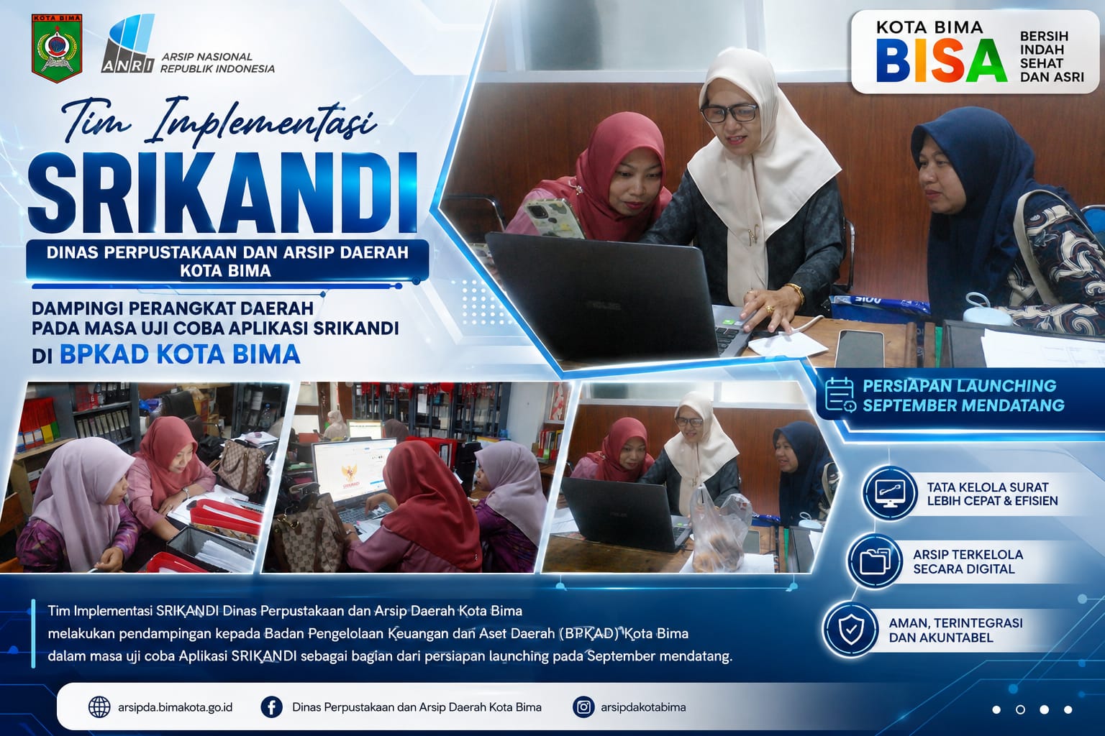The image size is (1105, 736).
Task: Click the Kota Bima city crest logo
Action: [x=57, y=48]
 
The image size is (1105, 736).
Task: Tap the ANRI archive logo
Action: [x=129, y=44]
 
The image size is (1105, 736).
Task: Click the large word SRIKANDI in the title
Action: [x=223, y=193]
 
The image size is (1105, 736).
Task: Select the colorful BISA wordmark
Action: [x=942, y=60]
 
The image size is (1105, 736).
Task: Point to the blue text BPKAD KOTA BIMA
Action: [x=180, y=354]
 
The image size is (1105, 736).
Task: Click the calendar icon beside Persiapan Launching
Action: [x=840, y=395]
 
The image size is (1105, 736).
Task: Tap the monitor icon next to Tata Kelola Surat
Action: [x=890, y=493]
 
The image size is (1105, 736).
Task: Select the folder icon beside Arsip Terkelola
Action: [x=875, y=561]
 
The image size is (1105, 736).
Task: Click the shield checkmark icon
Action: [x=851, y=630]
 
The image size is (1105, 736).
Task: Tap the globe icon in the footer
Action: [x=99, y=707]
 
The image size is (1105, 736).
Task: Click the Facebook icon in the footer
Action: [x=271, y=707]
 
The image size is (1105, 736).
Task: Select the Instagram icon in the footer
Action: [x=583, y=707]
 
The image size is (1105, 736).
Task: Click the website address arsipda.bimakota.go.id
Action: [x=175, y=707]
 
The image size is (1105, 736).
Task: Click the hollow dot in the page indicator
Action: [x=1021, y=710]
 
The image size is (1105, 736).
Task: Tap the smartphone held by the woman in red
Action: [x=553, y=218]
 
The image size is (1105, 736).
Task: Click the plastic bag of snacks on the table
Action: [x=720, y=532]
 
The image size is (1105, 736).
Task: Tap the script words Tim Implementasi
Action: [x=219, y=120]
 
